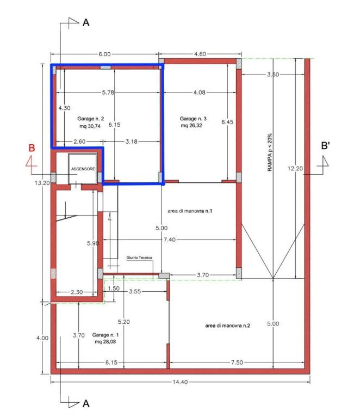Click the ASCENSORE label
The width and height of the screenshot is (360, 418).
pos(83,169)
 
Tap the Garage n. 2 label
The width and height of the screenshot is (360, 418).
pos(90,119)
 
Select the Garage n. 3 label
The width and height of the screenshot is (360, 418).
pos(193,119)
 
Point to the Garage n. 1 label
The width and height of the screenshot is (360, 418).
pos(105,335)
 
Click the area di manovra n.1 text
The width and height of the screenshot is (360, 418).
pos(190,211)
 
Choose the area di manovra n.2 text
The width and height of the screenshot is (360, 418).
pos(228,325)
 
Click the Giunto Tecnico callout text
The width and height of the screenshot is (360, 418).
pos(139,258)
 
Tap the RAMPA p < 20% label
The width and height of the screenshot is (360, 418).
pos(270,152)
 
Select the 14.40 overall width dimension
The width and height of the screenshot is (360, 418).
pos(180,382)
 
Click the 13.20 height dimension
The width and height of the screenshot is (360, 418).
pos(42,183)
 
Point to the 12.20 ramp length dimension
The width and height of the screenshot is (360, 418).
pos(295,169)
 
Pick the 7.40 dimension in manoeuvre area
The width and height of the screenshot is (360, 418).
pos(170,239)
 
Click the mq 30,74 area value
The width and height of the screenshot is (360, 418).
pos(90,126)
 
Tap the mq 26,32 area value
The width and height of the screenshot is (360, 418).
pos(191,126)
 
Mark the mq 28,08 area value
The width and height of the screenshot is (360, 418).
pos(105,342)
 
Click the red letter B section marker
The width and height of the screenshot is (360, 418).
pos(32,147)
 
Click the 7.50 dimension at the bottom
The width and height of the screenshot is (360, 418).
pos(237,362)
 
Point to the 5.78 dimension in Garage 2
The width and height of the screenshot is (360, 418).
pos(108,93)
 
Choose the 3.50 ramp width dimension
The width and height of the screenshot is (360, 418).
pos(273,75)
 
